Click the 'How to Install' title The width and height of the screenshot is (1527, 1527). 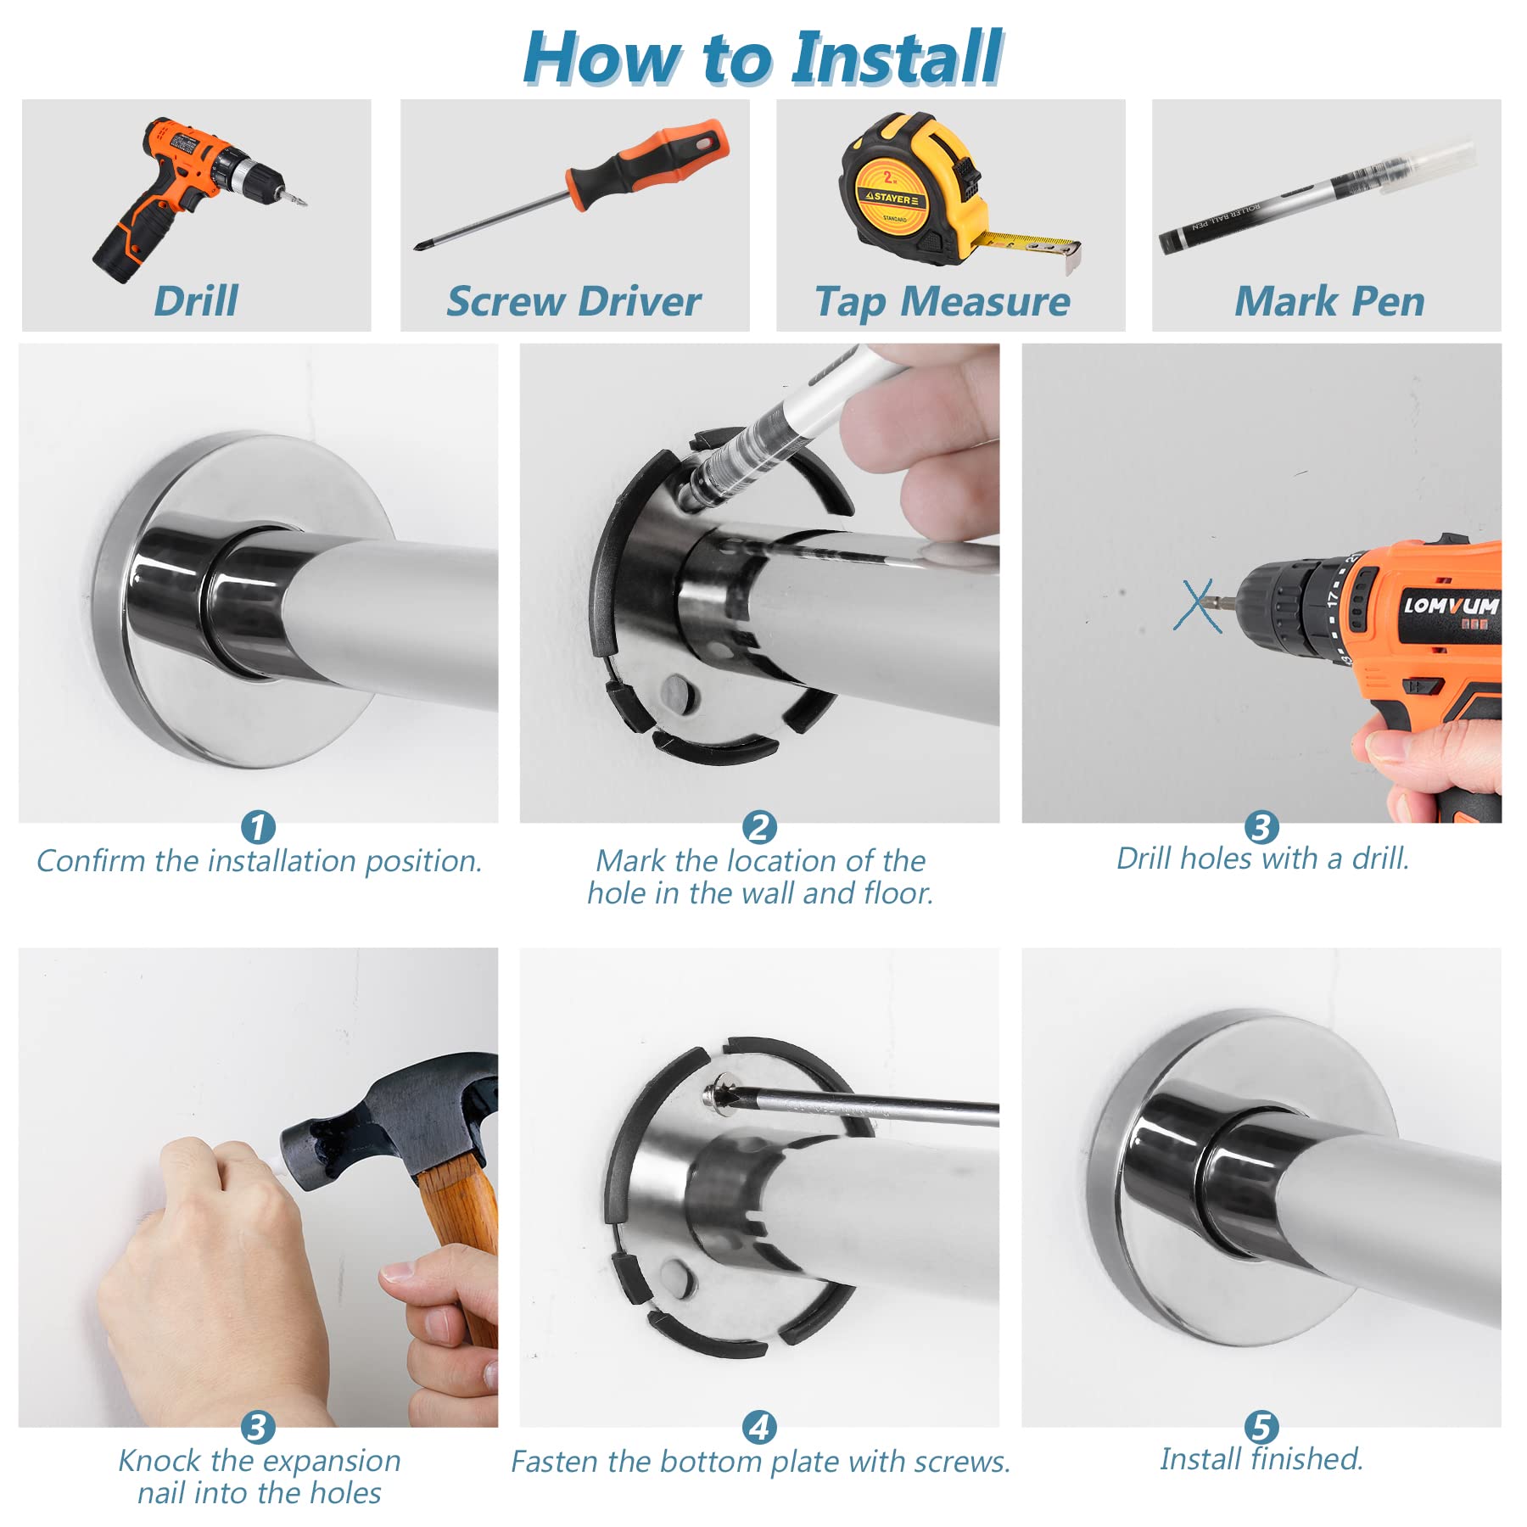[763, 58]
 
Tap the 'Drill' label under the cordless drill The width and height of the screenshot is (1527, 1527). [196, 301]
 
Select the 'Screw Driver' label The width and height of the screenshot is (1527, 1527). [574, 301]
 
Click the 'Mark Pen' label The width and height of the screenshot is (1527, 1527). [1329, 301]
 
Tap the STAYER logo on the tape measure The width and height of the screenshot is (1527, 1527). [891, 198]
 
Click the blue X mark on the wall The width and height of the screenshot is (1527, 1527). [1197, 606]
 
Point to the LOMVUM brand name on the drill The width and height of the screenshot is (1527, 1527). [1451, 606]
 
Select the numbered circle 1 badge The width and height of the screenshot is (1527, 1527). [258, 827]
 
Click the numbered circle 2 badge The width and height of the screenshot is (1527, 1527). [759, 827]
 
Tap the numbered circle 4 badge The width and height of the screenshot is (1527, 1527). [759, 1427]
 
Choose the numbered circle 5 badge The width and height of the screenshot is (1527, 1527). [1261, 1427]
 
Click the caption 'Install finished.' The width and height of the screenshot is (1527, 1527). [1261, 1459]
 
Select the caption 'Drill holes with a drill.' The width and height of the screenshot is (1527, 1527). [1262, 859]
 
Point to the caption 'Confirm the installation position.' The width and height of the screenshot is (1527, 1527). [259, 861]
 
